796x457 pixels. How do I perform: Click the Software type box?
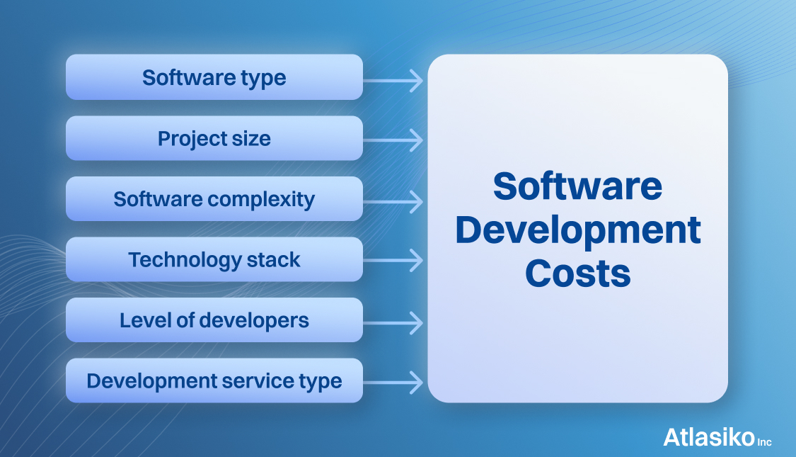214,77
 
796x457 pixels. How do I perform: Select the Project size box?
214,138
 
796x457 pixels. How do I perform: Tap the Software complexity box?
214,199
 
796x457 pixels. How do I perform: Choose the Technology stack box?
214,259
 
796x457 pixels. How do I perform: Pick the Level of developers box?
214,320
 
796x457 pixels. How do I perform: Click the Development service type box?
214,380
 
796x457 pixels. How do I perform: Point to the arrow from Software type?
393,80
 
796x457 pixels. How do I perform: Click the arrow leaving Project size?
393,140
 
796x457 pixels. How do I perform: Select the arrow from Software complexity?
393,202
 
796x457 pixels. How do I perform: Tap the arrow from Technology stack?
393,260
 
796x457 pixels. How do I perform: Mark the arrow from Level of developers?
393,323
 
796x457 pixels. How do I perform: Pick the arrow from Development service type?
393,383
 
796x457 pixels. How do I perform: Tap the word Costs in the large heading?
577,273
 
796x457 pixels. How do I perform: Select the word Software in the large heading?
577,186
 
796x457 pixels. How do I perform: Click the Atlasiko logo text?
709,437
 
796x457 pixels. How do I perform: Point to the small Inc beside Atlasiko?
765,442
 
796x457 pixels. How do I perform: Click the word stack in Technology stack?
274,260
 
